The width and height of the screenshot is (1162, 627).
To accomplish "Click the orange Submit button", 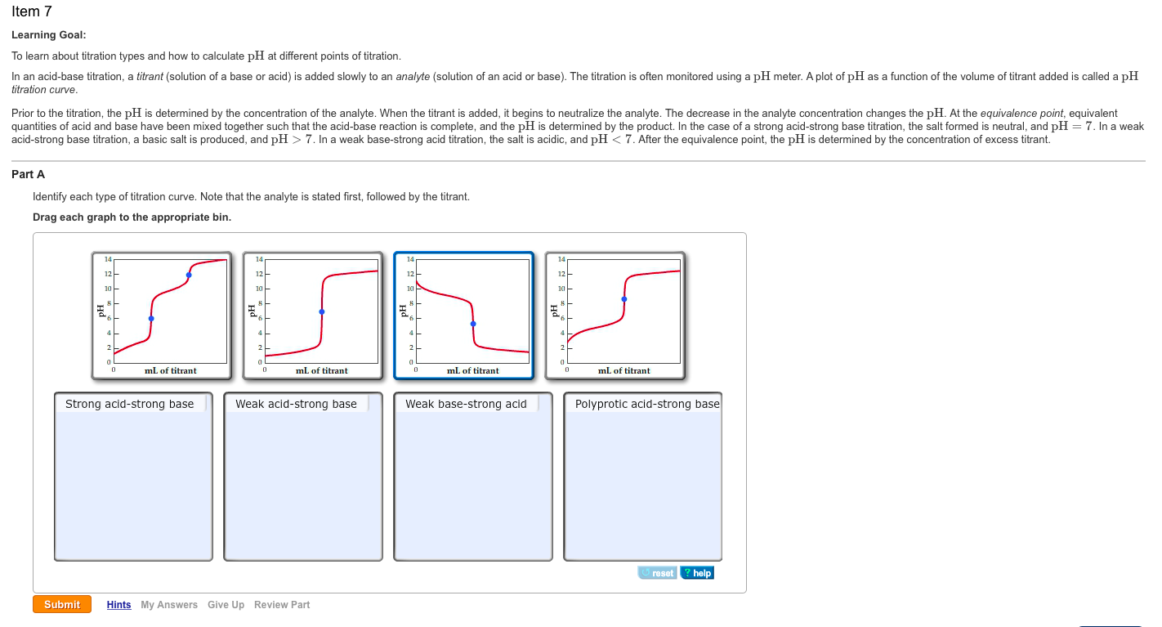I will (x=62, y=604).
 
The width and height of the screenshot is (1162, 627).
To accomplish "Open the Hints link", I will (x=118, y=605).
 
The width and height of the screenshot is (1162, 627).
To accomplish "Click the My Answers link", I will (x=169, y=605).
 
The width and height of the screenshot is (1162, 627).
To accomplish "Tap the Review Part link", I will (x=282, y=605).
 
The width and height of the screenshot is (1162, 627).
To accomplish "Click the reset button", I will (x=658, y=573).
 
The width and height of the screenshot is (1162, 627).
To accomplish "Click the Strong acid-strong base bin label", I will (x=130, y=404).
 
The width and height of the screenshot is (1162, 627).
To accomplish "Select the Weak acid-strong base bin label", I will (x=297, y=404).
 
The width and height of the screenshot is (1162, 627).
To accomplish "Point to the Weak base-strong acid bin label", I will (x=467, y=404).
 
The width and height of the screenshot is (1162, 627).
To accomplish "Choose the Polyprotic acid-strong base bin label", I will (x=647, y=404).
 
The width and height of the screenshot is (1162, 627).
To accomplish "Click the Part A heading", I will (x=29, y=174).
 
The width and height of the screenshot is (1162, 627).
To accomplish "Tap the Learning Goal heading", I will (x=49, y=35).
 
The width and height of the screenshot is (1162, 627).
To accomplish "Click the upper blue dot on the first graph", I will (x=189, y=275).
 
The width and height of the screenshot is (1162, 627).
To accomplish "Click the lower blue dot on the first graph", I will (x=151, y=318).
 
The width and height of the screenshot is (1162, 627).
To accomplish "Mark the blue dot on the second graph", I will (x=322, y=311).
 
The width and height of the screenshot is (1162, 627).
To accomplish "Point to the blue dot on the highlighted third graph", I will (x=473, y=324).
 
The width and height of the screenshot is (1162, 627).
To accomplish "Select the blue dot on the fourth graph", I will (x=624, y=299).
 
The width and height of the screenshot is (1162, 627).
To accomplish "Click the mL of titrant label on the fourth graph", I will (x=624, y=371).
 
